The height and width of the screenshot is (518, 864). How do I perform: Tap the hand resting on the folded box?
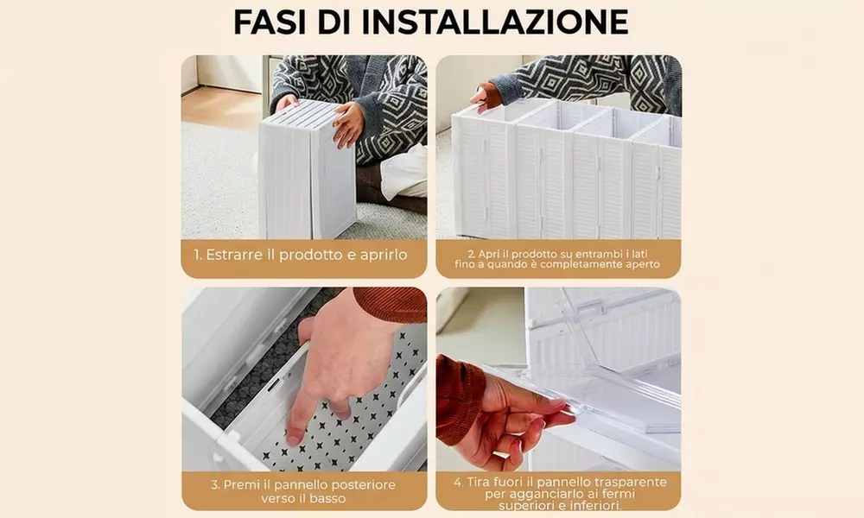[x=349, y=123]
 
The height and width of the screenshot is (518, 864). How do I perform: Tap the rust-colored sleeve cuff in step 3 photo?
[x=389, y=304]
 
